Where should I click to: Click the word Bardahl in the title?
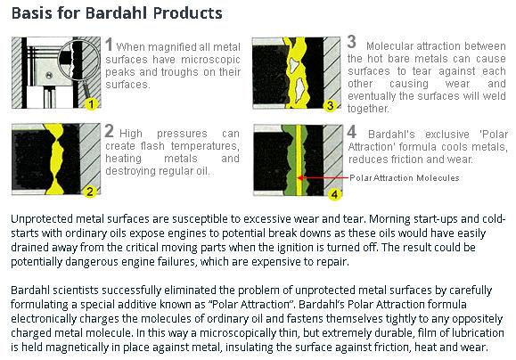(x=117, y=13)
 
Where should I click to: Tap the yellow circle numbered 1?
(x=91, y=104)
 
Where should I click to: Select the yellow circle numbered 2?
(x=90, y=192)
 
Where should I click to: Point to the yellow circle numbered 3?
(x=330, y=105)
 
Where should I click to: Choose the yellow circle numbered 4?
(x=334, y=194)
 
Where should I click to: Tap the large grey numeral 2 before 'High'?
(x=110, y=131)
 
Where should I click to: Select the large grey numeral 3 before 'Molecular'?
(x=352, y=42)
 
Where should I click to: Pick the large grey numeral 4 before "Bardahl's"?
(x=352, y=132)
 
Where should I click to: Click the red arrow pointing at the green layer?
(x=323, y=178)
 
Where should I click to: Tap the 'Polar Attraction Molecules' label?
(x=405, y=178)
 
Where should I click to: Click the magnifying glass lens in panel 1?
(x=79, y=60)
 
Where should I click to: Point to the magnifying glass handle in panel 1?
(x=86, y=89)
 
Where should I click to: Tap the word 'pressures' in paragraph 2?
(x=182, y=134)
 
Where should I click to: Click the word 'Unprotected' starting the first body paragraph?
(x=43, y=219)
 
